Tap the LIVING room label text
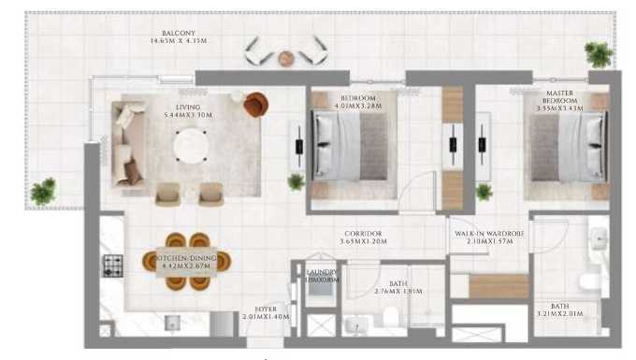point(189,108)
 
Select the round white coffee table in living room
point(193,144)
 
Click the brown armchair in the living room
point(255,104)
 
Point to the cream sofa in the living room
point(125,145)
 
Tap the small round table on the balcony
point(286,59)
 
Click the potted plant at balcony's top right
point(598,54)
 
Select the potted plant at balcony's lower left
point(42,192)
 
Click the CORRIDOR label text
point(363,234)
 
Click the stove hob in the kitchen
point(112,266)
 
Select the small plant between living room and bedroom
point(296,181)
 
